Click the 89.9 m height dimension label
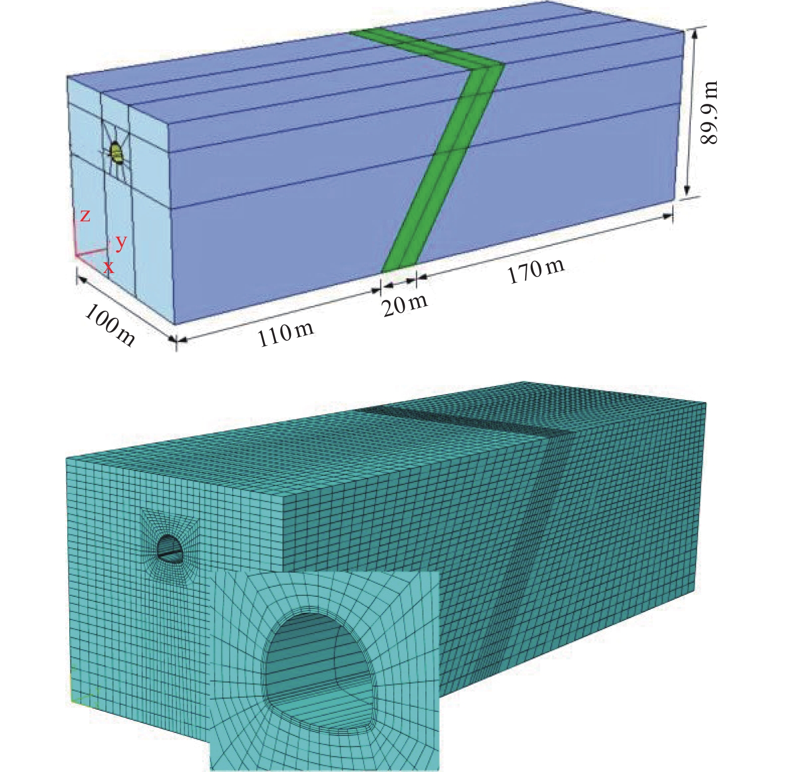click(709, 113)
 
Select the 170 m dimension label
click(536, 272)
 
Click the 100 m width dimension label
click(110, 326)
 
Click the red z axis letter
click(86, 216)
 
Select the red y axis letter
click(121, 243)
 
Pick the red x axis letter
click(109, 267)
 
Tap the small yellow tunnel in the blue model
click(117, 153)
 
